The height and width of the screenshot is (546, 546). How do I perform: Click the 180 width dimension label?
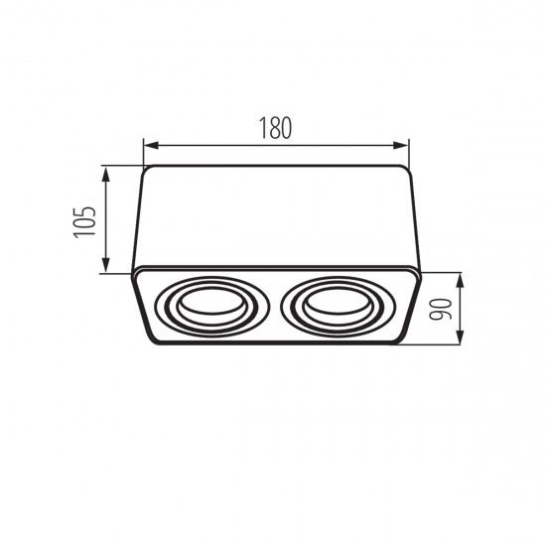(x=275, y=128)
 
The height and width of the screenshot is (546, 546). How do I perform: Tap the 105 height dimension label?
(x=84, y=222)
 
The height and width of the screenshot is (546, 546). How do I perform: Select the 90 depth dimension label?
(x=441, y=310)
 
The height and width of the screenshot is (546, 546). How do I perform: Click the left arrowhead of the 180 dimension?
(x=151, y=146)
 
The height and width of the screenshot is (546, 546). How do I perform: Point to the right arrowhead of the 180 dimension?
(x=401, y=146)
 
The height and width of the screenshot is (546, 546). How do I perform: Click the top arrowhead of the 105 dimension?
(x=106, y=174)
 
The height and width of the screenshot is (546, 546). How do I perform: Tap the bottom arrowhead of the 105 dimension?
(x=106, y=266)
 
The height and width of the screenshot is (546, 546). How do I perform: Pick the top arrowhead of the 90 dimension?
(x=461, y=280)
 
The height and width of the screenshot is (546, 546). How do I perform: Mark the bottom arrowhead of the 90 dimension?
(x=461, y=337)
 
